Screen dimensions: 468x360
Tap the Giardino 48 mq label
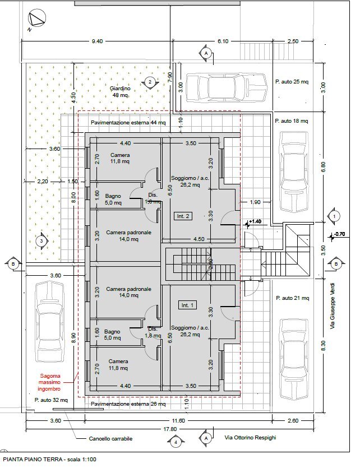120,92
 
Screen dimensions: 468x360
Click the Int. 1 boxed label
187,305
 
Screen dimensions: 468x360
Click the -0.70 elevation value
339,234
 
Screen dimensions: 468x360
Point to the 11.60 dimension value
179,420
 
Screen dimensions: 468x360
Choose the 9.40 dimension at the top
97,41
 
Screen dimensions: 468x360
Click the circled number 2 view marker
150,82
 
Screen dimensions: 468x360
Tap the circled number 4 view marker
176,442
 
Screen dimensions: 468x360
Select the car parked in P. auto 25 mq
225,89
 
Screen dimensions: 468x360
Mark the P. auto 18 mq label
292,121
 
